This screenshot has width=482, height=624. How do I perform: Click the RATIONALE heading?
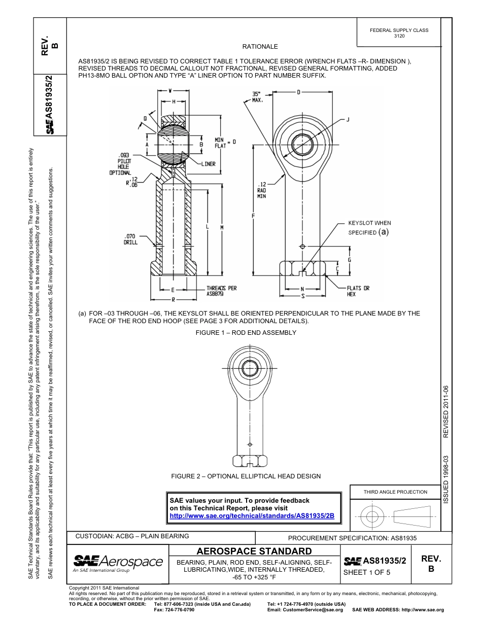[x=260, y=47]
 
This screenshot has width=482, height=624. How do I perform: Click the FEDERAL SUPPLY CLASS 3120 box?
[x=399, y=33]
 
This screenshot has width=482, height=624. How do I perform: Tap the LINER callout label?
[x=208, y=164]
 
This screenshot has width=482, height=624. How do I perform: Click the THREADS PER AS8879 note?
[x=221, y=291]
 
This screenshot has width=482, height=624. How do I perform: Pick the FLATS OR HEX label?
[x=358, y=291]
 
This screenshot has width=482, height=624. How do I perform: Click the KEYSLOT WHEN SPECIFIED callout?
[x=369, y=227]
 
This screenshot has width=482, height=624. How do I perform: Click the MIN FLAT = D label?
[x=224, y=142]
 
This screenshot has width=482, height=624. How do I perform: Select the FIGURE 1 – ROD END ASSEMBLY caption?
[x=246, y=333]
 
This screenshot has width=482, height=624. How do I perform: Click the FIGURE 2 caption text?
[x=246, y=476]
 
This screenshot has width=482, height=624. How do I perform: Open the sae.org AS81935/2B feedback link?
[x=252, y=515]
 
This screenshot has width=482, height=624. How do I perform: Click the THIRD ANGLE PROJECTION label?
[x=395, y=492]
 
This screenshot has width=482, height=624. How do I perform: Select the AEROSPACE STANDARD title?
[x=254, y=551]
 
